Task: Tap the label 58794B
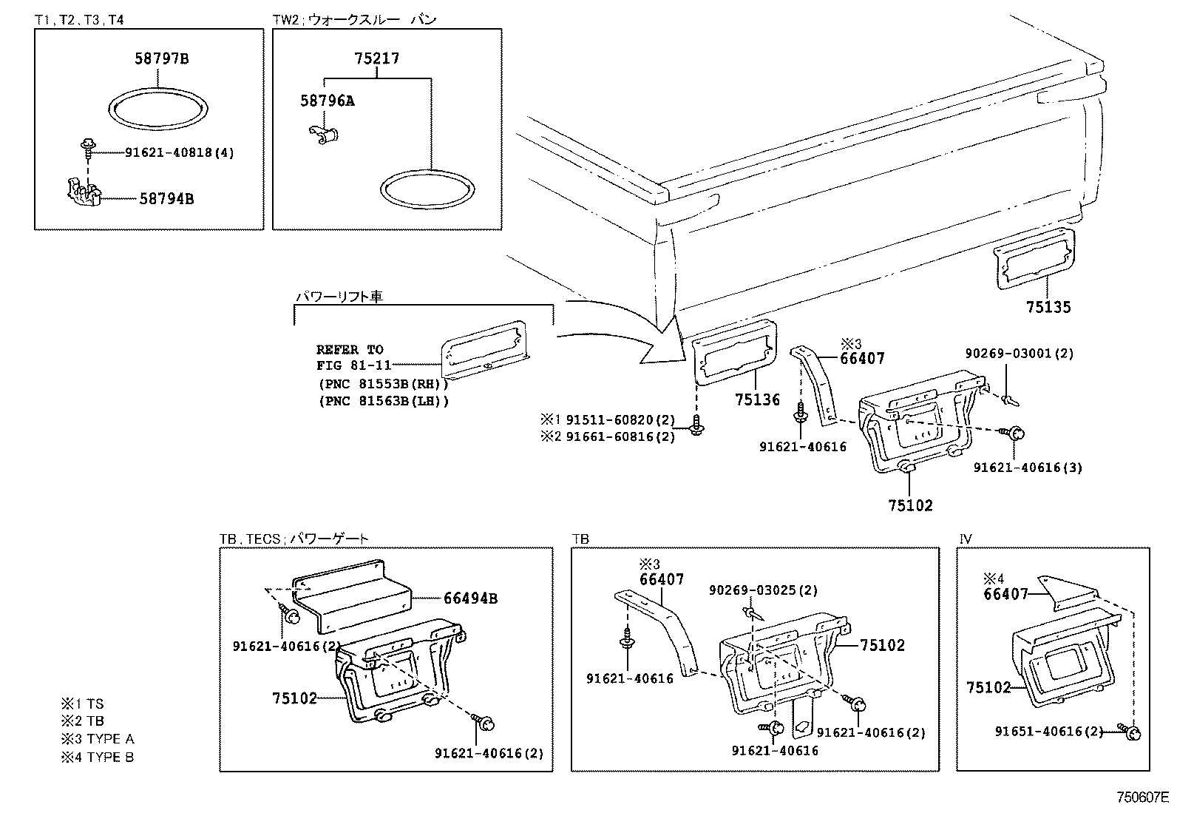point(166,198)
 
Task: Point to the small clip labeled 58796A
point(323,133)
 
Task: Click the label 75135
point(1048,307)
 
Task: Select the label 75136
point(757,399)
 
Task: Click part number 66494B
point(470,598)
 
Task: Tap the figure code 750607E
point(1142,797)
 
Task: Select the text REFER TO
point(350,349)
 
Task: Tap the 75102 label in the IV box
point(988,687)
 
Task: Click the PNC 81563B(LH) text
point(384,402)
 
